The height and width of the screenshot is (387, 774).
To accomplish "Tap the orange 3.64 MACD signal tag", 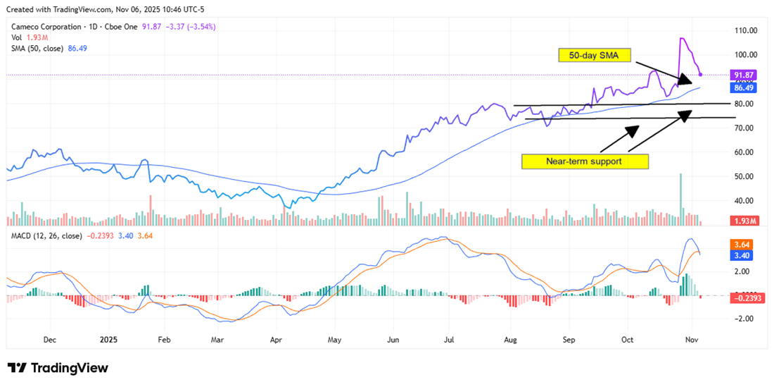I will point(743,245).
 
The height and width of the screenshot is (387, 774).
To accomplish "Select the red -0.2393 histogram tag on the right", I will point(748,298).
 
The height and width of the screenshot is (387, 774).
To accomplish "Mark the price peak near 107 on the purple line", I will point(681,38).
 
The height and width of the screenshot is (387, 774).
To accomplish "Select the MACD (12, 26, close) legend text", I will point(46,235).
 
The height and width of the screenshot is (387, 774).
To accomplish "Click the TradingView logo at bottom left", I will point(58,368).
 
